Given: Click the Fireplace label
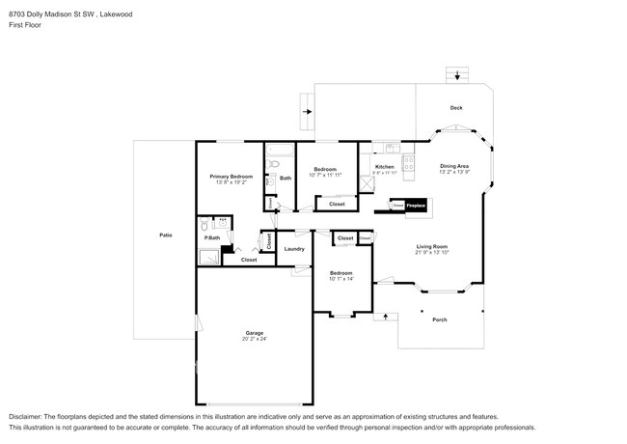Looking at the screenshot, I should (416, 206).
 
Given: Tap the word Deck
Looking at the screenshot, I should (456, 108).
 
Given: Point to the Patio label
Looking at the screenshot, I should (166, 236).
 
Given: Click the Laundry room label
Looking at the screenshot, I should (294, 249).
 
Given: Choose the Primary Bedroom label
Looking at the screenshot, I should (232, 177).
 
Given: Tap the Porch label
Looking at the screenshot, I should (439, 319).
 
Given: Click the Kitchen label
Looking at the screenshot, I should (384, 168).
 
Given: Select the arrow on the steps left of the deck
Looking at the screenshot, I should (308, 112).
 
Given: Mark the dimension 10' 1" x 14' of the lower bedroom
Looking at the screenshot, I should (342, 279).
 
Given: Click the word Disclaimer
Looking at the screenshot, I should (27, 413).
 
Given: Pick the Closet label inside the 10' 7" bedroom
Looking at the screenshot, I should (337, 204).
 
